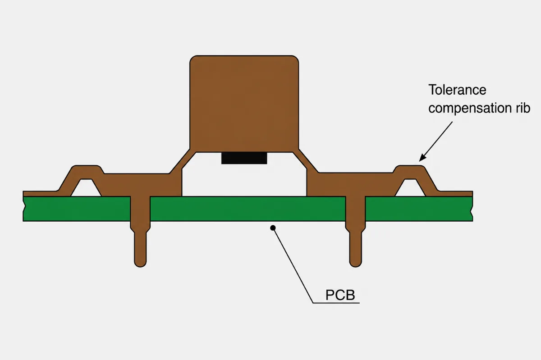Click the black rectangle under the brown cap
point(244,158)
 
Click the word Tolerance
point(457,90)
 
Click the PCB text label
point(340,295)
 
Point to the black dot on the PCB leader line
point(273,228)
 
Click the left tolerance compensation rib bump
point(86,172)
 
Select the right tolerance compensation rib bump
point(410,172)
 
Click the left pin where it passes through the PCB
point(140,209)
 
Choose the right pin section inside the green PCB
point(355,209)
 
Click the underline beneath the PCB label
point(336,303)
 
